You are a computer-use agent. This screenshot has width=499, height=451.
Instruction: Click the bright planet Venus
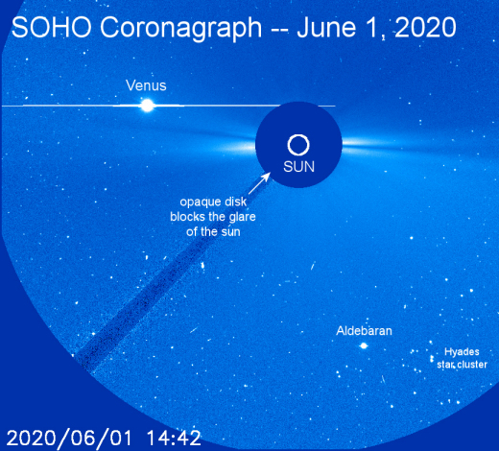click(148, 106)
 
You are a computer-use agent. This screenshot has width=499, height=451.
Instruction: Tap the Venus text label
click(146, 85)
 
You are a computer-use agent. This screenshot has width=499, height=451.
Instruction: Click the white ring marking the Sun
click(298, 145)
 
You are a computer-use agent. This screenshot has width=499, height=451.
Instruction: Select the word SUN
click(298, 167)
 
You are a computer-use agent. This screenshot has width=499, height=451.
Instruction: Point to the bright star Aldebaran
click(364, 345)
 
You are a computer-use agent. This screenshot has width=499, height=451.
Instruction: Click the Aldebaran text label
click(364, 331)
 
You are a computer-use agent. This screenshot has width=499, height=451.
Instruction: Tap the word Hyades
click(462, 352)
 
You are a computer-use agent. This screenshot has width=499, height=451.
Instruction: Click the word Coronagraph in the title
click(181, 29)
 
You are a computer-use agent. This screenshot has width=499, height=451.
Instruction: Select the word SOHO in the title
click(52, 27)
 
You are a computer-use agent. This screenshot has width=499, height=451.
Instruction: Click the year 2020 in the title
click(426, 27)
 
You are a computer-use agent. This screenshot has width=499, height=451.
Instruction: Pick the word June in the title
click(326, 27)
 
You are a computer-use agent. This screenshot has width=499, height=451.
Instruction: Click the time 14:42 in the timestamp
click(174, 438)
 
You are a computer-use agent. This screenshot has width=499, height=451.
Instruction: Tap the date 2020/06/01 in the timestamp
click(69, 438)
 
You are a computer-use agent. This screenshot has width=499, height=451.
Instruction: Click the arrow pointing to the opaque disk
click(259, 183)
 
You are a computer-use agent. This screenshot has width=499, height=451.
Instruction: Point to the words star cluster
click(462, 365)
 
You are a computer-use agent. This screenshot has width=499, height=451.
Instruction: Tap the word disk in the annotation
click(235, 202)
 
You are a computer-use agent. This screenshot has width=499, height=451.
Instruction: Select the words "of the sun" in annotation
click(213, 232)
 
